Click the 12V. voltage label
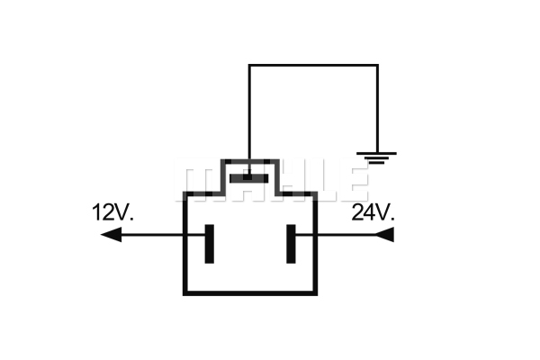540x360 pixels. tap(112, 212)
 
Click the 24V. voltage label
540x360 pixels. tap(373, 212)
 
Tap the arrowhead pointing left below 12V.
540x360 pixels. tap(111, 235)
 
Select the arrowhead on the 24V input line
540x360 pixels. tap(383, 235)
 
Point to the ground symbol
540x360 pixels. tap(376, 157)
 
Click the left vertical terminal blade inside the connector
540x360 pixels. tap(210, 244)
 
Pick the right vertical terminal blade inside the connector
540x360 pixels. tap(291, 244)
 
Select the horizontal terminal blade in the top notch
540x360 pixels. tap(248, 178)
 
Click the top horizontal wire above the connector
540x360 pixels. tap(313, 65)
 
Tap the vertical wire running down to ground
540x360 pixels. tap(377, 108)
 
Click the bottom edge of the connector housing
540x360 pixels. tap(250, 293)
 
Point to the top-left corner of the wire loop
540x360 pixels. tap(249, 65)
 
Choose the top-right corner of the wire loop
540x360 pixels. tap(377, 65)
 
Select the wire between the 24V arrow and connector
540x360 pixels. tap(335, 235)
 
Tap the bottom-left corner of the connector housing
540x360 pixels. tap(184, 293)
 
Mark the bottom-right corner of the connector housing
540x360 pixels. tap(315, 293)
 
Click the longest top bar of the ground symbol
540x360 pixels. tap(376, 153)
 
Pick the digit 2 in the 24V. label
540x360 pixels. tap(357, 212)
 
